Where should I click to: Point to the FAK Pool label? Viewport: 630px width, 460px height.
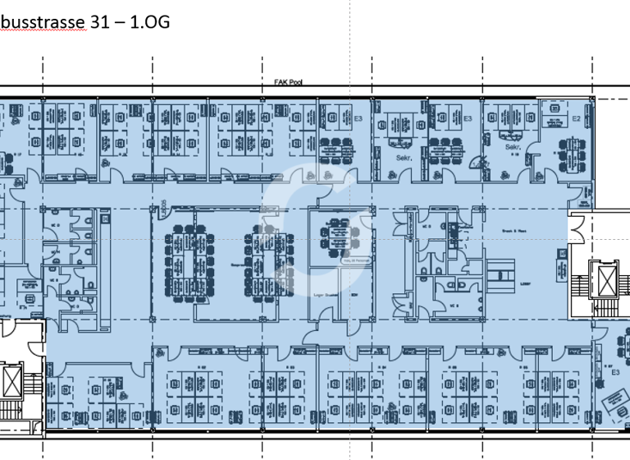pyautogui.click(x=289, y=82)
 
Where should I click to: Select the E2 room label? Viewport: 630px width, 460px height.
pyautogui.click(x=576, y=119)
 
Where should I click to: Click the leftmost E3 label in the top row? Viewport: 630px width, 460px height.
pyautogui.click(x=358, y=119)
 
